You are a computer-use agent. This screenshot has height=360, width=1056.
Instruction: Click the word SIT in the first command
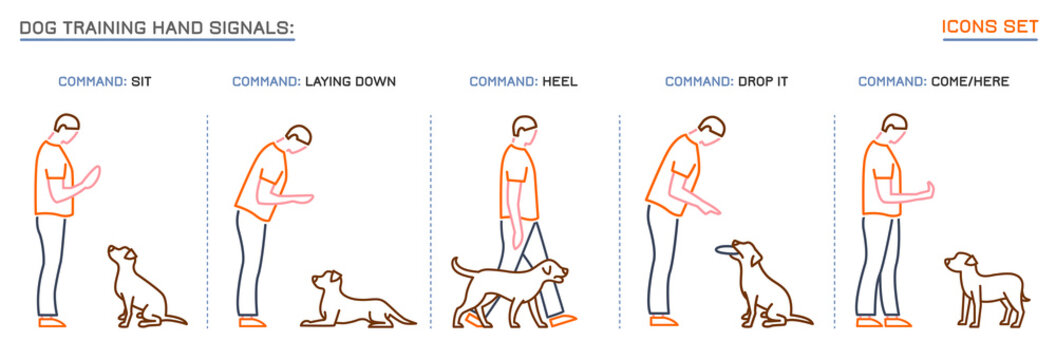[141, 81]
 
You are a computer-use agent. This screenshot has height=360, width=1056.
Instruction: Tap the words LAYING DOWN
[350, 81]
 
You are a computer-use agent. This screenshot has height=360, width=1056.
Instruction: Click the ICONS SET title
[990, 27]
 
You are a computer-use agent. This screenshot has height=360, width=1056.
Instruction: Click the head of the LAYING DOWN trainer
[297, 137]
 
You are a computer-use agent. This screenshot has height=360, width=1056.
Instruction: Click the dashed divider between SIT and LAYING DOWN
[208, 220]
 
